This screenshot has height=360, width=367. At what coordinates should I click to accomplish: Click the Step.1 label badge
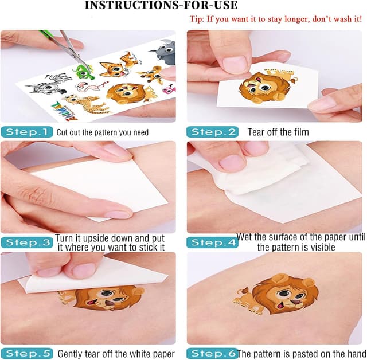(27, 132)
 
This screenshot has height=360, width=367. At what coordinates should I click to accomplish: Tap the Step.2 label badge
(212, 132)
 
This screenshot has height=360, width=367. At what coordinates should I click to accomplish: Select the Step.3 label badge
(27, 242)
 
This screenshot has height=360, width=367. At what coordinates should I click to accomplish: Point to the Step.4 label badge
(212, 242)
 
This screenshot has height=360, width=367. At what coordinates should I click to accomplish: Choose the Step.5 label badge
(27, 353)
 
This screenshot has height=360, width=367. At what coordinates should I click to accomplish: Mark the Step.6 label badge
(212, 353)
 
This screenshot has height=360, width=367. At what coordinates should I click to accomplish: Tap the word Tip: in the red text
(197, 19)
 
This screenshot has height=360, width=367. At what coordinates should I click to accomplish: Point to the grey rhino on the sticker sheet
(163, 52)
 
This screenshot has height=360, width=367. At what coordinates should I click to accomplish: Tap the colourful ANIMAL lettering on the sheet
(65, 111)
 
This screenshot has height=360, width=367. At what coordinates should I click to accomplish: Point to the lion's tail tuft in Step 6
(242, 291)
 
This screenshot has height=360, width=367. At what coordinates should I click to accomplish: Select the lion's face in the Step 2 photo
(259, 87)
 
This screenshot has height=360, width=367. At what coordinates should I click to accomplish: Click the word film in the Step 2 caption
(302, 132)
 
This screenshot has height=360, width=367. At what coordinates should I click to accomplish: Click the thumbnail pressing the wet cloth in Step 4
(232, 162)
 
